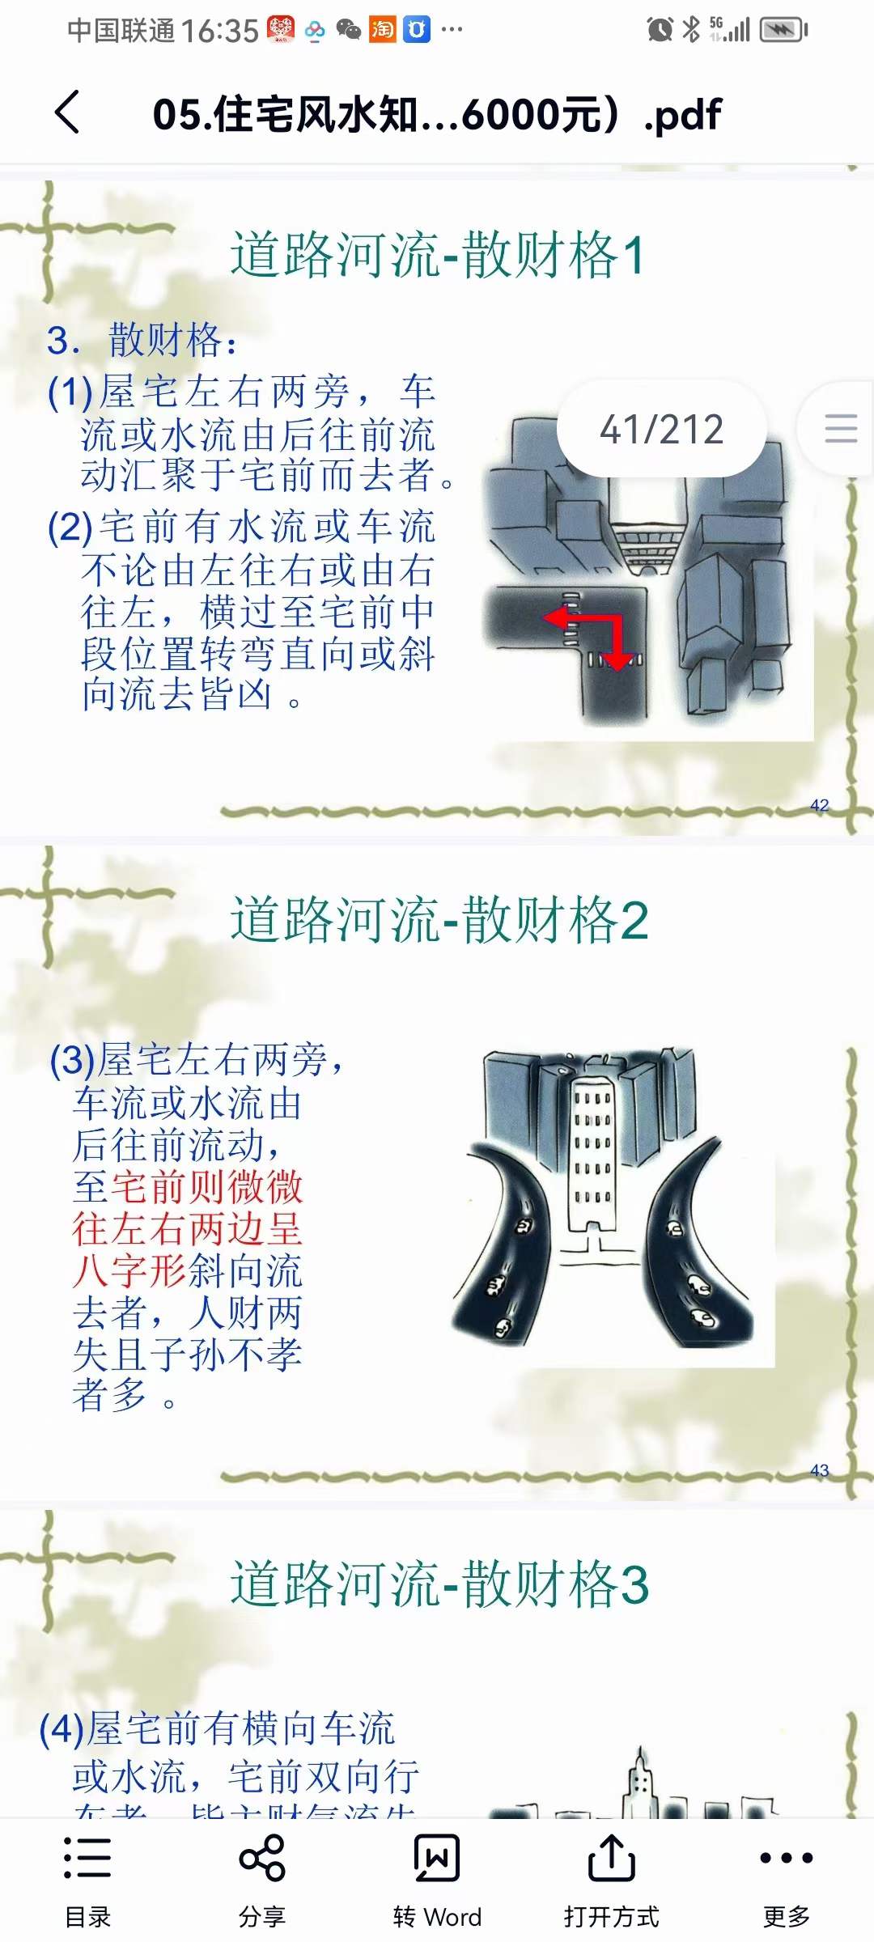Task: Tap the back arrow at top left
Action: [x=68, y=112]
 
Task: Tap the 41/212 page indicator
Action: [x=661, y=429]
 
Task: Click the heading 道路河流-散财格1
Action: [x=438, y=255]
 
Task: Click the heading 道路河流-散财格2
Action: [x=439, y=920]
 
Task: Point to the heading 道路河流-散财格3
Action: [x=439, y=1584]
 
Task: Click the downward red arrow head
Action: [x=618, y=662]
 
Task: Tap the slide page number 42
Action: [x=819, y=805]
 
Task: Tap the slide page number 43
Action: [x=819, y=1470]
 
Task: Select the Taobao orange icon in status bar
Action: [x=382, y=30]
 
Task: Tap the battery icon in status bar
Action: [x=783, y=30]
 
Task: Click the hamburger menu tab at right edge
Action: [x=840, y=428]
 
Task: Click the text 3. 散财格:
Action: [x=142, y=340]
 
